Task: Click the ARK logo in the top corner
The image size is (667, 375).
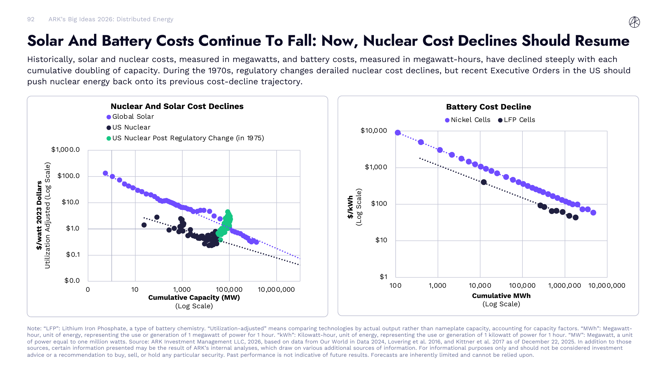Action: coord(634,22)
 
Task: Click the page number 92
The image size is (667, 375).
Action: coord(31,19)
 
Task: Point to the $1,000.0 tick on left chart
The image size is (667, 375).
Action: coord(66,149)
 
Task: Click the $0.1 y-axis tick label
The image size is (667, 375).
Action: coord(73,255)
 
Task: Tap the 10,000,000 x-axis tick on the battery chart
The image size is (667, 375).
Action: coord(606,286)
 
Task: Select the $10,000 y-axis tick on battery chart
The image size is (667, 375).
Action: coord(374,131)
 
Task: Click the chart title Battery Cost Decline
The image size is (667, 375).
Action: coord(488,107)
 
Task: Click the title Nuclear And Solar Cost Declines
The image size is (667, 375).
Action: coord(177,106)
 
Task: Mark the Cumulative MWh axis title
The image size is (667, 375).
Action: coord(501,296)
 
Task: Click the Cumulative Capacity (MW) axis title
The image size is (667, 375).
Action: coord(194,297)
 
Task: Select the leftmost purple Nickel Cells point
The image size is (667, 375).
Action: coord(398,133)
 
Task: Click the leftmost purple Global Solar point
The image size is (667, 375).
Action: coord(105,173)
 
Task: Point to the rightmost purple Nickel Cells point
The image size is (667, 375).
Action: coord(593,213)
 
